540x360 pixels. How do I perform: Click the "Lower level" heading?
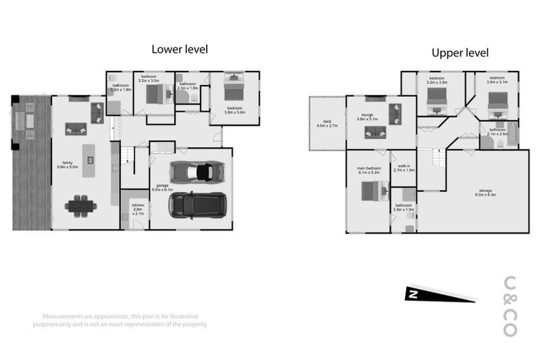point(180,49)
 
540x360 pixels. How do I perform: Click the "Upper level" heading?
point(460,53)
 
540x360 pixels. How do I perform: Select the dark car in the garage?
point(197,205)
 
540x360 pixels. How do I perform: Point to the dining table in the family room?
point(79,206)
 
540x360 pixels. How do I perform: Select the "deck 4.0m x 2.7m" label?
point(327,124)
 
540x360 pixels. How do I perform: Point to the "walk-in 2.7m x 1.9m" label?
point(404,168)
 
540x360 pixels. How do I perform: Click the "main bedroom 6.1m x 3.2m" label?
point(368,170)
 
